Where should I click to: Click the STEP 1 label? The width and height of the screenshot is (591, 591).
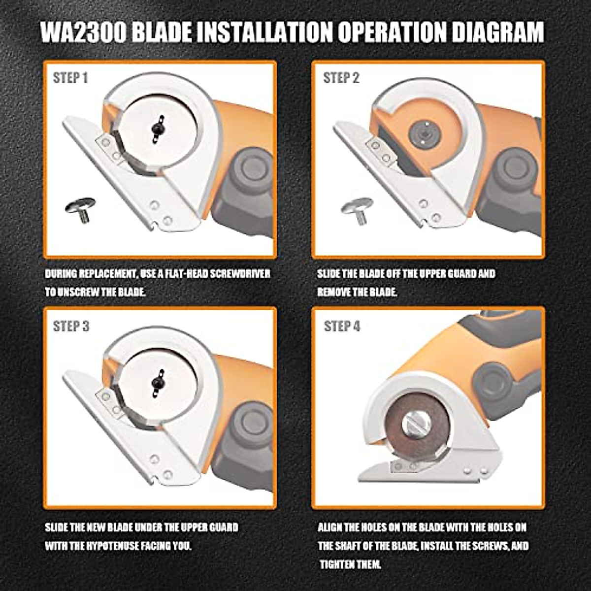coord(70,78)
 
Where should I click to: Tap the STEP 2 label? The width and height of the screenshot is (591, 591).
coord(341,78)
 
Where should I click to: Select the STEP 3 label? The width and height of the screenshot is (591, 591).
coord(71,327)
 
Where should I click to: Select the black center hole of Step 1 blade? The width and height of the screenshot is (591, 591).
coord(158,128)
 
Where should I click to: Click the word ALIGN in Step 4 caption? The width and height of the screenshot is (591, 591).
coord(330,527)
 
